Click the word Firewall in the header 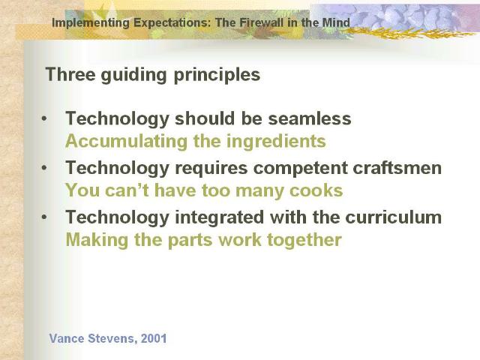pos(262,22)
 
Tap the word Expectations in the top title pos(172,23)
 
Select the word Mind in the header pos(336,22)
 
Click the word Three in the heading pos(70,74)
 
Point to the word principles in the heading pos(217,75)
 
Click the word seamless pos(310,118)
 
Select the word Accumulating pos(126,142)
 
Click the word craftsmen pos(397,168)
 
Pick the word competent pos(301,168)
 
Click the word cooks pos(316,190)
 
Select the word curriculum pos(393,217)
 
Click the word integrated pos(219,217)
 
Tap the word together pos(304,240)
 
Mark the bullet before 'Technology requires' pos(45,168)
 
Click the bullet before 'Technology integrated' pos(45,217)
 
